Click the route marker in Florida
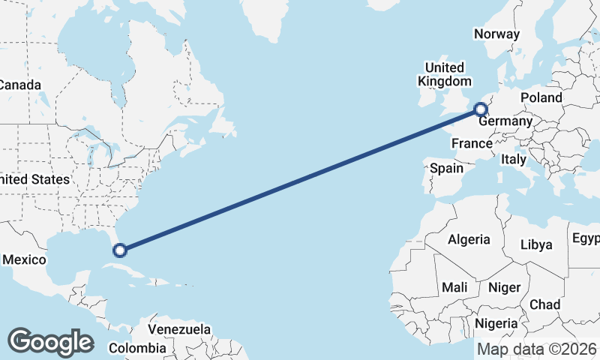[x=119, y=250]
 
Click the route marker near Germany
[x=481, y=111]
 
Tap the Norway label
[x=496, y=34]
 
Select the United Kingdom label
[x=445, y=73]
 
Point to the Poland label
[x=541, y=97]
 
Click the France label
[x=471, y=143]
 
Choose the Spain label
[x=446, y=168]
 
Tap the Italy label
[x=514, y=159]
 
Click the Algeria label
[x=469, y=240]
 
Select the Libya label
[x=536, y=244]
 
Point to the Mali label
[x=454, y=287]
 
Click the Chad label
[x=544, y=304]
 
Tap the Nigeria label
[x=496, y=323]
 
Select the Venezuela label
[x=179, y=329]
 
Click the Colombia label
[x=137, y=348]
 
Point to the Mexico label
[x=25, y=259]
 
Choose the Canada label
[x=19, y=85]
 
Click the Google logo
[x=50, y=342]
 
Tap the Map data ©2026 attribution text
[x=537, y=349]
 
